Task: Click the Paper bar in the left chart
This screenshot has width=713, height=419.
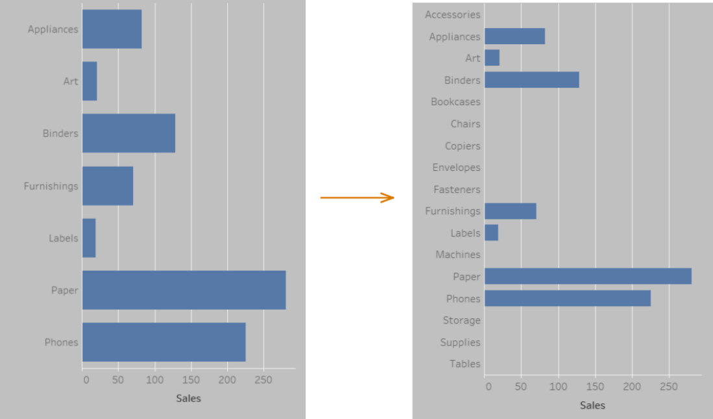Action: (184, 290)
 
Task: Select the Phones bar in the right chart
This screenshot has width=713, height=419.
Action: (567, 298)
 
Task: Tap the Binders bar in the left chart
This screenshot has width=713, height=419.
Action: (128, 133)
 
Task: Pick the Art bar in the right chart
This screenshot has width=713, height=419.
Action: (492, 58)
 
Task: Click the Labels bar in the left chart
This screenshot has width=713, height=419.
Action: (89, 238)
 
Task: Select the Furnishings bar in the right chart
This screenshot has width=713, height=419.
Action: (510, 211)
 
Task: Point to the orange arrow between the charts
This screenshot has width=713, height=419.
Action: (357, 197)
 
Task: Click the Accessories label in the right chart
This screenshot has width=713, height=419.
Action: (453, 14)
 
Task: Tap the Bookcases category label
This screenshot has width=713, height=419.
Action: (455, 102)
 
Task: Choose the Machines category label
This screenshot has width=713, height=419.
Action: (458, 255)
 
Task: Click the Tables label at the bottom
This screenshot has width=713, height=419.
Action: (465, 364)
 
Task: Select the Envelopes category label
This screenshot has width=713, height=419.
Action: (456, 168)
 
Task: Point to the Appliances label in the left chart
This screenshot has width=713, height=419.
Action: (53, 29)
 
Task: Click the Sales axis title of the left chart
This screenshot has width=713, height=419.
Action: (188, 398)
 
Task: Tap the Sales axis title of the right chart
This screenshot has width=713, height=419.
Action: (592, 405)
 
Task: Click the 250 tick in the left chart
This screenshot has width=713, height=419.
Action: (263, 379)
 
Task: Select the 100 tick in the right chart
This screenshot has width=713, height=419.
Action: (558, 387)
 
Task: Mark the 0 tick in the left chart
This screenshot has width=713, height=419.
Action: (86, 379)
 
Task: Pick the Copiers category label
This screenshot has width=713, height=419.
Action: (463, 146)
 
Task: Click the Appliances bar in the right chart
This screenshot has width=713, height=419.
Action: (514, 36)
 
